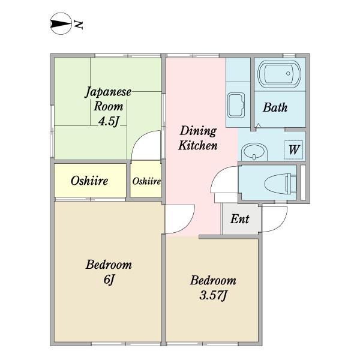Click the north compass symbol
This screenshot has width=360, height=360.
[x=61, y=23]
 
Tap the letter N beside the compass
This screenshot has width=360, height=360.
[x=78, y=25]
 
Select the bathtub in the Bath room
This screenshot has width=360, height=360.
[x=279, y=74]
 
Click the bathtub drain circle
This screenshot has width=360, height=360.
[x=288, y=73]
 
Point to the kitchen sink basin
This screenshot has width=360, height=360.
[x=236, y=106]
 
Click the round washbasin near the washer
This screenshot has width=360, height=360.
[x=254, y=152]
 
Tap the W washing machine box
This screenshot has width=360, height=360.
[x=293, y=149]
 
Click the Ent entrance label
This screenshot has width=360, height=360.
[x=239, y=219]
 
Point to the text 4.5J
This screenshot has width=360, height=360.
[x=109, y=121]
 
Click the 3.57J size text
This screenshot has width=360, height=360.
[x=213, y=295]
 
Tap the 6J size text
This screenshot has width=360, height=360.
[x=109, y=280]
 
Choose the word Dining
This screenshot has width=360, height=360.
[x=198, y=131]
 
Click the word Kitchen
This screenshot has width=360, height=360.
[x=198, y=146]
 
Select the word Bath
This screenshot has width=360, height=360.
[x=275, y=107]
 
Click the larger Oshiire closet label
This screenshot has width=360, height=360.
[x=89, y=181]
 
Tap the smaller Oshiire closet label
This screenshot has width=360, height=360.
[x=146, y=181]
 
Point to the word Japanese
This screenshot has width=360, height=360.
[x=108, y=92]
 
